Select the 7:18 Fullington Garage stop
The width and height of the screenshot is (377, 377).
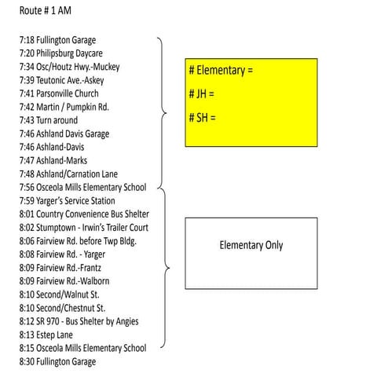(63, 39)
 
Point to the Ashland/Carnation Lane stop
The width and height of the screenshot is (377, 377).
(71, 174)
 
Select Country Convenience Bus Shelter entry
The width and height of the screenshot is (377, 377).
(84, 214)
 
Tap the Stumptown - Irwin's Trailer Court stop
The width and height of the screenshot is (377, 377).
(84, 227)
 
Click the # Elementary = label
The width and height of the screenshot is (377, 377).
(221, 71)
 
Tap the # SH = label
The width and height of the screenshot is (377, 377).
(203, 119)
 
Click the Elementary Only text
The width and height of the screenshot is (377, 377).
(251, 246)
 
